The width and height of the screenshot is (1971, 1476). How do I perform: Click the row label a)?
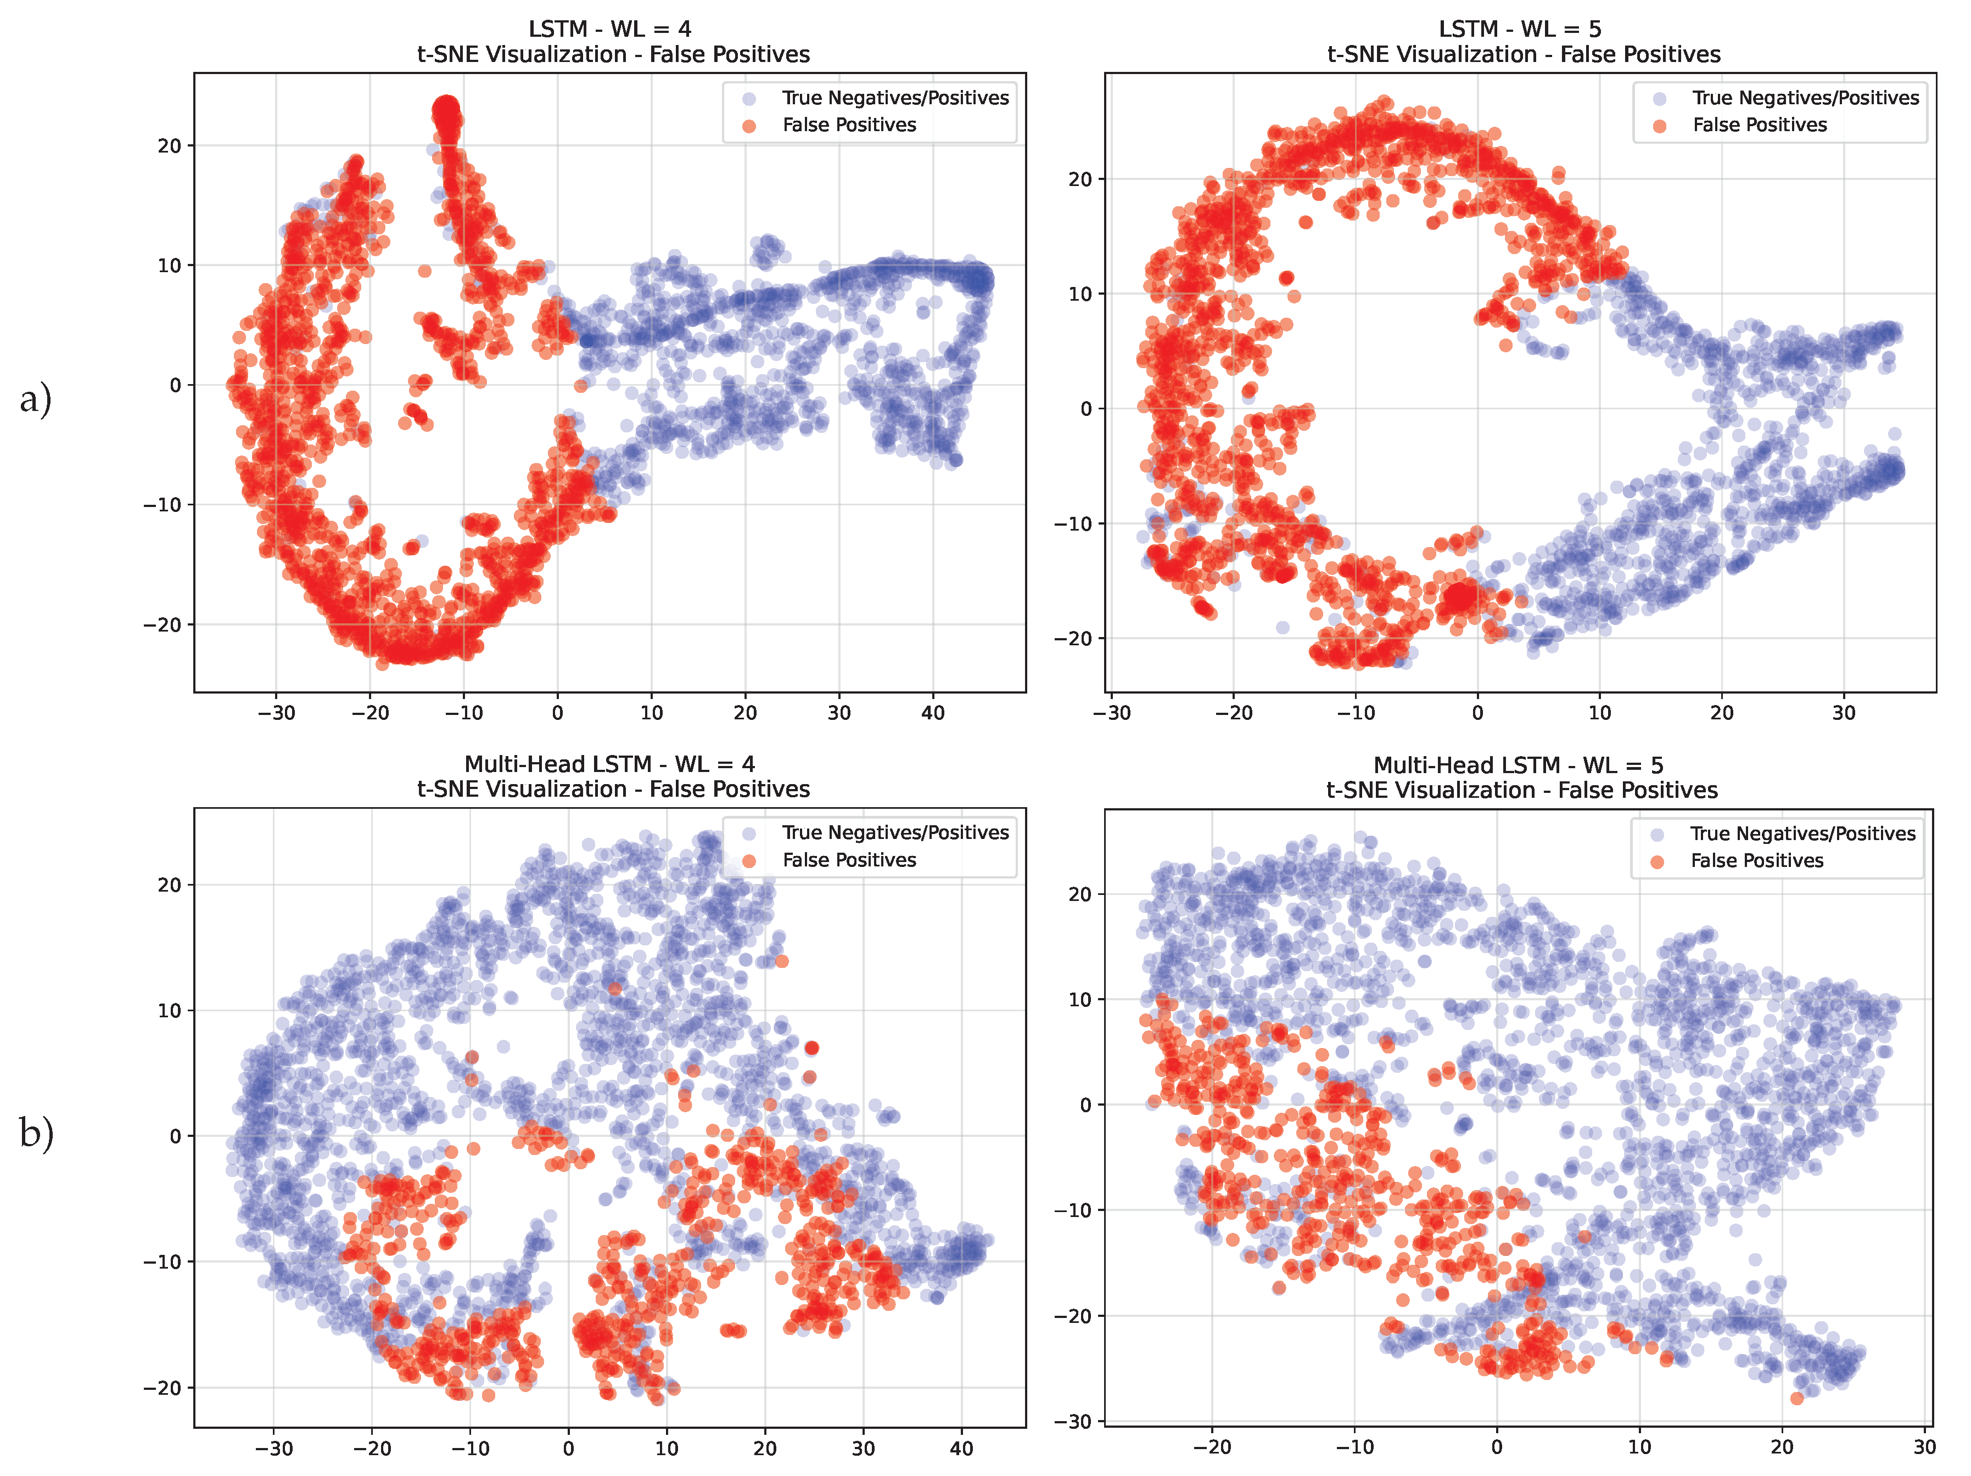click(36, 398)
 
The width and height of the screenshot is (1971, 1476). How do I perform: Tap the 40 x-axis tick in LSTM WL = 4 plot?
click(932, 713)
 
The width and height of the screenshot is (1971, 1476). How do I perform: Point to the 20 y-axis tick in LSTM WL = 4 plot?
click(169, 145)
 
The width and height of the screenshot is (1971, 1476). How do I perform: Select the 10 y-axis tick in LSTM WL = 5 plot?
click(1079, 294)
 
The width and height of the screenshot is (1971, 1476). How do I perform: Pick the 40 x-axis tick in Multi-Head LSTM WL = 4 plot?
click(961, 1449)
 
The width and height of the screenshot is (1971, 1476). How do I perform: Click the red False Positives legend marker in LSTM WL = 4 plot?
click(749, 126)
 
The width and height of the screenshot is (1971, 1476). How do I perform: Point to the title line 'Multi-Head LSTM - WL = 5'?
click(1519, 765)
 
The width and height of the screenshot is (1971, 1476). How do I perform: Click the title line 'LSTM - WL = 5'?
click(1520, 30)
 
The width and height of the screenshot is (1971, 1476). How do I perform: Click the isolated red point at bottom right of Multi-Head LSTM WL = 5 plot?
click(1796, 1399)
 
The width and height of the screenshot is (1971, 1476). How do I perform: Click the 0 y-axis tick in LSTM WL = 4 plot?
click(176, 385)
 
